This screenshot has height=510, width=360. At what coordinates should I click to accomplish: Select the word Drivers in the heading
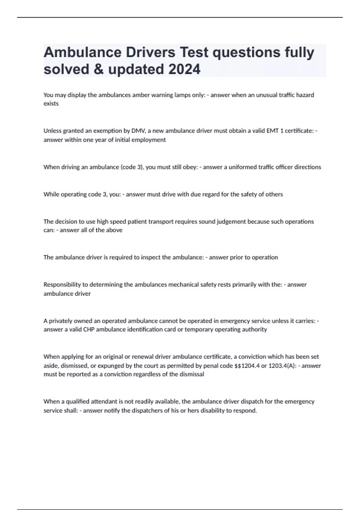tap(150, 52)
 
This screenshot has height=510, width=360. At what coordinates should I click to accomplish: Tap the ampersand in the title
tap(99, 69)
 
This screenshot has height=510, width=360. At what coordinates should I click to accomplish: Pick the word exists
tap(51, 103)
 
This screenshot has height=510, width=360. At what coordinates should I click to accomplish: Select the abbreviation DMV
tap(138, 131)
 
